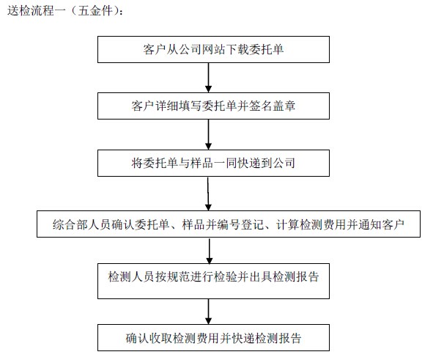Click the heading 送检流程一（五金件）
click(x=65, y=11)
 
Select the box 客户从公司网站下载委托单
click(x=213, y=49)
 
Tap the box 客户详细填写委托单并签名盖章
click(x=213, y=106)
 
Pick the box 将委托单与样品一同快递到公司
click(x=213, y=163)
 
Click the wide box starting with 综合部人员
click(x=229, y=224)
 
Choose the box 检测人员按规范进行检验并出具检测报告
click(x=213, y=281)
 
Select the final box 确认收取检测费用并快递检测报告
click(x=213, y=337)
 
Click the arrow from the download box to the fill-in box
click(x=209, y=78)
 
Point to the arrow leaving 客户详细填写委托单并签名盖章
click(x=209, y=134)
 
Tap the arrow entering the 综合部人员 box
click(x=208, y=194)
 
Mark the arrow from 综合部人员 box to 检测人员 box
click(x=210, y=251)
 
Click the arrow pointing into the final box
click(x=209, y=312)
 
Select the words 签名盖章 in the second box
click(x=272, y=106)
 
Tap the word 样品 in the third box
click(x=201, y=164)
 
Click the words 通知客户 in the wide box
click(x=382, y=224)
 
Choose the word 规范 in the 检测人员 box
click(x=178, y=276)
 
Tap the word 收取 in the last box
click(x=160, y=338)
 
